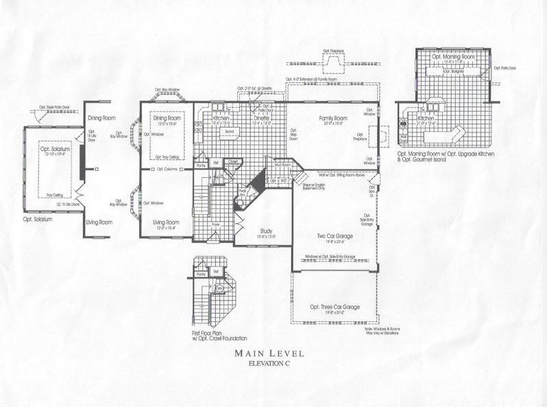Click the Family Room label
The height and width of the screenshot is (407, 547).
pos(332,118)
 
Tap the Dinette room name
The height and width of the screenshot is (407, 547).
pos(264,118)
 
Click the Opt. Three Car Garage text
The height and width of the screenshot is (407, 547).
pos(335,307)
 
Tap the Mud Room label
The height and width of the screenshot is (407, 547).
pos(282,165)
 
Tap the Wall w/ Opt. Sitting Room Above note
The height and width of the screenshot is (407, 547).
pos(332,176)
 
